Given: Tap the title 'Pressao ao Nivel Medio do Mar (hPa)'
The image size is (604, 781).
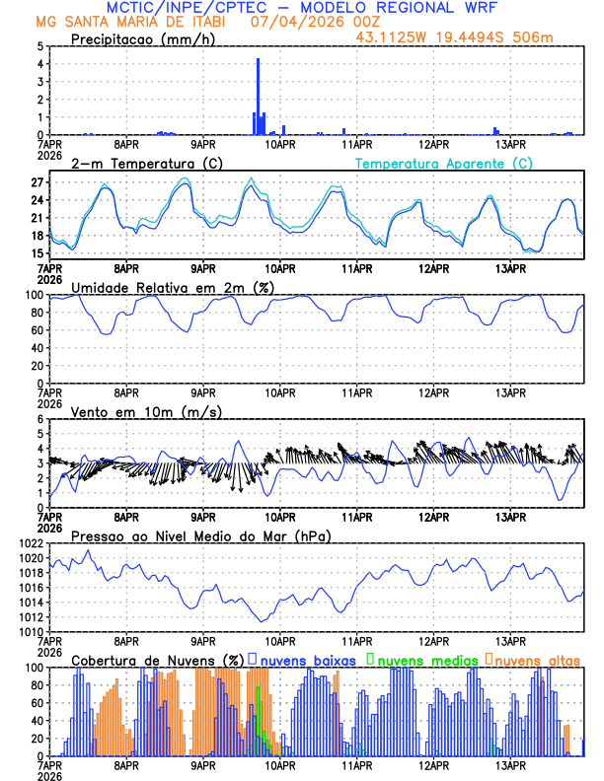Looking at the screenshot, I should tap(201, 535).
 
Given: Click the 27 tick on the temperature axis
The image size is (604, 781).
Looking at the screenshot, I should tap(36, 182).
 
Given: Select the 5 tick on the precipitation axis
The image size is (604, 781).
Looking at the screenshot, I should tap(39, 46).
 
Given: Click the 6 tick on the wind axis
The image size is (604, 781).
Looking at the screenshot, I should tap(39, 419).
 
